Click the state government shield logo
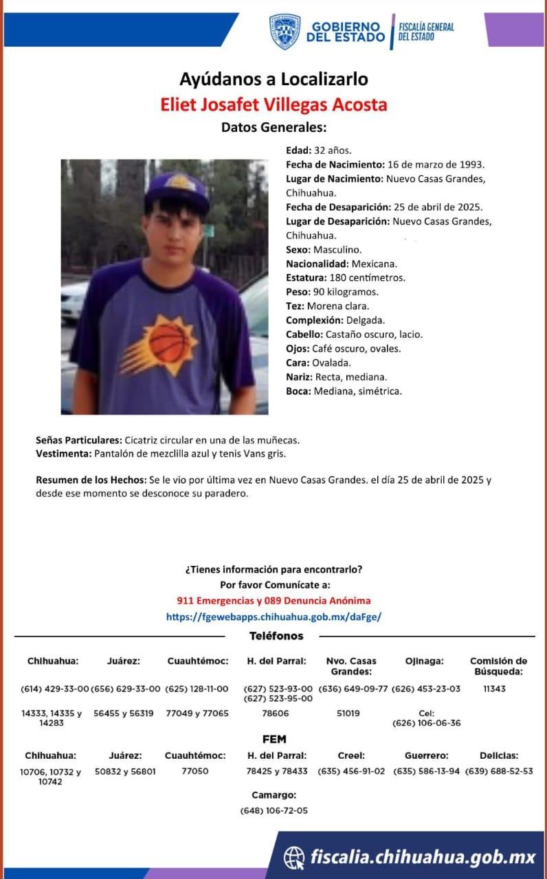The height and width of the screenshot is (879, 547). click(284, 32)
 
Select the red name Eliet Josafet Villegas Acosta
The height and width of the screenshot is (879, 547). click(273, 104)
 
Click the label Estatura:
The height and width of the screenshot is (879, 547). click(306, 278)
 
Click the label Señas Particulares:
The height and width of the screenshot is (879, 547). click(79, 439)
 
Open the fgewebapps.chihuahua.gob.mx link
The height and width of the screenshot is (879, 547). click(273, 617)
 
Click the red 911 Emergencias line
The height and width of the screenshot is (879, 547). click(273, 600)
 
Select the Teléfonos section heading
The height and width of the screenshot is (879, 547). click(276, 636)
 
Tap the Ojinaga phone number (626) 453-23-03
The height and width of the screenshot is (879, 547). click(426, 689)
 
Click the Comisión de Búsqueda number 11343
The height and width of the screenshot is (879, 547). click(494, 689)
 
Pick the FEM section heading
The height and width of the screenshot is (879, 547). click(274, 740)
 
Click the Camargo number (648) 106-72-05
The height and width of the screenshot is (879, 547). click(274, 810)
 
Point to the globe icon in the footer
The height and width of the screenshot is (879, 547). click(294, 856)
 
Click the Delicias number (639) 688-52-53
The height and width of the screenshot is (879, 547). click(499, 771)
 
